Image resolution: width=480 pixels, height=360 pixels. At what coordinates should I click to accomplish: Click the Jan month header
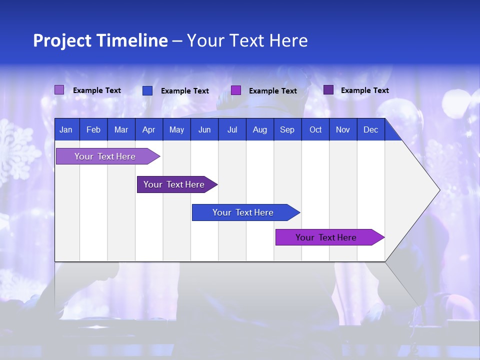click(66, 129)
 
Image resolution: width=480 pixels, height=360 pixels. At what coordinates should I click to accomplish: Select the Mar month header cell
click(121, 129)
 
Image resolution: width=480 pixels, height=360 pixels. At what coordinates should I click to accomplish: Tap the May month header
click(176, 129)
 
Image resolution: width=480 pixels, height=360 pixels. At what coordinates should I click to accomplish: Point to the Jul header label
click(232, 129)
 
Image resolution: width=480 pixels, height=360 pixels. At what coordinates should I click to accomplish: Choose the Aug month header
click(259, 129)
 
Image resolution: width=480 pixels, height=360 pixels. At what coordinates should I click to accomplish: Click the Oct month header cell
click(315, 129)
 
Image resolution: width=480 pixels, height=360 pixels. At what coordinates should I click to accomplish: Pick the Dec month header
click(370, 129)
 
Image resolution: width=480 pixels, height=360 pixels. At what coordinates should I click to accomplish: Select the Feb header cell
click(93, 129)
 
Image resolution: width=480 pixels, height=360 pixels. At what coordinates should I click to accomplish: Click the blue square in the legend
click(147, 90)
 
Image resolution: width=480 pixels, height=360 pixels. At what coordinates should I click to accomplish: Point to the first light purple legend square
click(59, 90)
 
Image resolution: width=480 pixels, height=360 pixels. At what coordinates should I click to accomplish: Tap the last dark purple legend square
click(328, 90)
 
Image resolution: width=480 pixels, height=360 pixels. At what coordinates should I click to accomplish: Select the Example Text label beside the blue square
click(184, 91)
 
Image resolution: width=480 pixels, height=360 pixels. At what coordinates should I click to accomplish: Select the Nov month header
click(343, 129)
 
